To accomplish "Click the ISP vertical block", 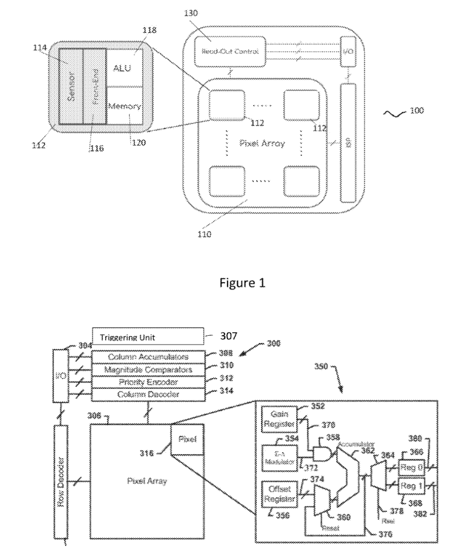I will point(348,143).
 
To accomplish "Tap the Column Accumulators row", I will point(148,357).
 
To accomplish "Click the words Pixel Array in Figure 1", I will point(253,143).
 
